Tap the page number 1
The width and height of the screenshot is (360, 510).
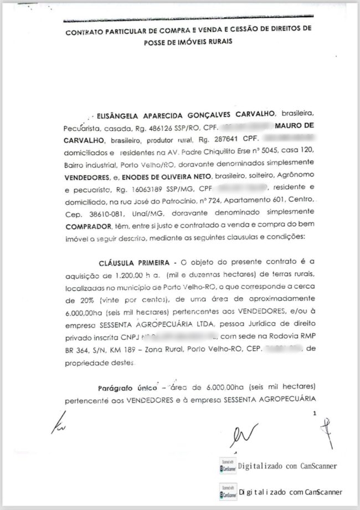point(315,414)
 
